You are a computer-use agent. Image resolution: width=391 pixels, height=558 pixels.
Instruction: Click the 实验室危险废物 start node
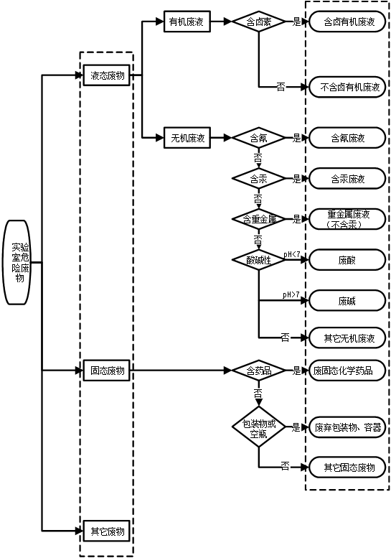click(x=17, y=262)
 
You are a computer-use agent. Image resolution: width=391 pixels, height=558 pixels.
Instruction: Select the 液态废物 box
click(x=107, y=75)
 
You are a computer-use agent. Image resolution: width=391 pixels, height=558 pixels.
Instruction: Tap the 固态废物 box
click(x=107, y=371)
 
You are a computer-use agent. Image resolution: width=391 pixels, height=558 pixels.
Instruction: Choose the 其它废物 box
click(x=107, y=531)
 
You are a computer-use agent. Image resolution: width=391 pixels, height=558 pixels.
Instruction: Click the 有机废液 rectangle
click(x=187, y=22)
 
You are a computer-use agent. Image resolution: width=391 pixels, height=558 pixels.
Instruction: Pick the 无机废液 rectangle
click(x=187, y=138)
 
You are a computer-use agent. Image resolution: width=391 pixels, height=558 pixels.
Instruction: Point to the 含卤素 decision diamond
click(x=259, y=22)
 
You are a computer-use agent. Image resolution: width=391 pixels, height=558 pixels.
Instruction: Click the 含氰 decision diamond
click(x=259, y=138)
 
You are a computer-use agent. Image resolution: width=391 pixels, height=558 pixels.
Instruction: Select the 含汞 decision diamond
click(x=259, y=179)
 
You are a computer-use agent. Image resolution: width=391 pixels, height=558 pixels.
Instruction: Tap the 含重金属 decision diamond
click(x=259, y=219)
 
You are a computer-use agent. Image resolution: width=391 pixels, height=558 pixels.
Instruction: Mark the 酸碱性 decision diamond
click(x=259, y=260)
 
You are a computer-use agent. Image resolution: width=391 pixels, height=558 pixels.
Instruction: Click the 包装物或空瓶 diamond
click(x=259, y=427)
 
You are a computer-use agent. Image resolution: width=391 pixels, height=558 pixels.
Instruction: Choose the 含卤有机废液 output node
click(x=347, y=22)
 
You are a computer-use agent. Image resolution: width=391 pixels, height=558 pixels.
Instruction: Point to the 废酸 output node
click(x=347, y=260)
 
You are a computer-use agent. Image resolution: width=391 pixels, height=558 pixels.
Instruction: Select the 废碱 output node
click(x=347, y=301)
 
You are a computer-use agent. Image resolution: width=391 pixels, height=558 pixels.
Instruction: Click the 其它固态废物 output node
click(x=347, y=468)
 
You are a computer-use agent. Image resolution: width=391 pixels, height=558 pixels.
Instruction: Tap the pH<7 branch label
click(x=292, y=254)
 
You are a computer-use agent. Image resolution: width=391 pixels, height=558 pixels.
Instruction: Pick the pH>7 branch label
click(x=291, y=294)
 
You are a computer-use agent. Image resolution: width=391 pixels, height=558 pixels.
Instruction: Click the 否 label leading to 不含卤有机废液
click(x=281, y=86)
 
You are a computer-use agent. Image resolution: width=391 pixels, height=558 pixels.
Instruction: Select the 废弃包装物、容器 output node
click(x=347, y=427)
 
